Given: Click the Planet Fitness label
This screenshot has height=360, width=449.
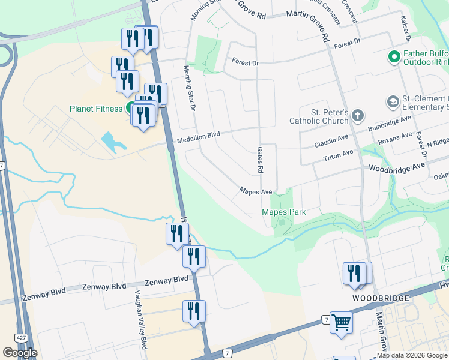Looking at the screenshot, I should pos(97,109).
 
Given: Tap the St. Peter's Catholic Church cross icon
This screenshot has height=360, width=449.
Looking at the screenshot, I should pos(357,115).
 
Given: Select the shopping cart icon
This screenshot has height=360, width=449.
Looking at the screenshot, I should pos(341,322).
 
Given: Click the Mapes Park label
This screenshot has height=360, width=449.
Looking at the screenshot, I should pos(283,212).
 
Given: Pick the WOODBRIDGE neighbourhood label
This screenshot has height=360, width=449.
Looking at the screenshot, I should pos(381,298).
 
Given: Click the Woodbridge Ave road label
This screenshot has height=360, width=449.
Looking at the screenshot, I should pos(396,167).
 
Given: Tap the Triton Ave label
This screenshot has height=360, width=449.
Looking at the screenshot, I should pos(338,154).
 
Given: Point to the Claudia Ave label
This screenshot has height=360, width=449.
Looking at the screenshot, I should pos(332,145).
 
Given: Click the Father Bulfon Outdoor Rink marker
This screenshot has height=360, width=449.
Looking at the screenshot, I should pos(394,58).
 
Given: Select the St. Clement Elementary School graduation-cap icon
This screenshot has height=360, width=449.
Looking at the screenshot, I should pos(393,101).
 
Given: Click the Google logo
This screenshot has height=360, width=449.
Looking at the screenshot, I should pos(20,352).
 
